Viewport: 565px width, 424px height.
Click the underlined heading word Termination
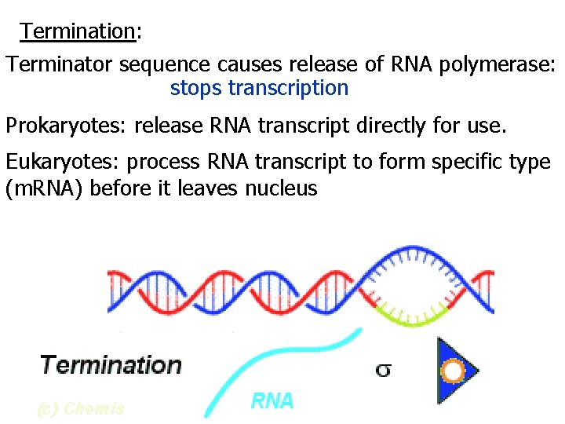[x=78, y=31]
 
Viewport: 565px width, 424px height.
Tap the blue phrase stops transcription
[x=259, y=88]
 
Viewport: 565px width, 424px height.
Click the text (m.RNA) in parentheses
[x=46, y=188]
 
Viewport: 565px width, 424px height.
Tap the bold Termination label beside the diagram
[x=111, y=365]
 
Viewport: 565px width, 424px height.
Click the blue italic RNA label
[x=272, y=401]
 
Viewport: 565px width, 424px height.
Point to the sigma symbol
[x=383, y=369]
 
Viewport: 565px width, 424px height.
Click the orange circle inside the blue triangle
[x=453, y=370]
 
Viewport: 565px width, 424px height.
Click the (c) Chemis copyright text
[x=80, y=408]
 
